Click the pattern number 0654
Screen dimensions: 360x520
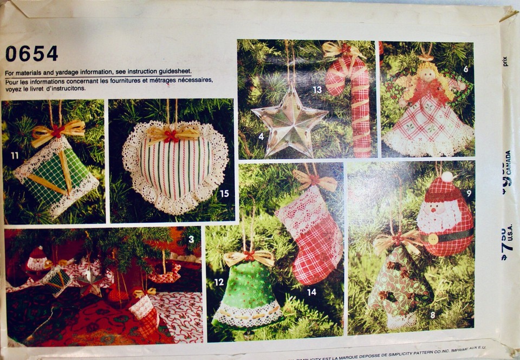point(31,53)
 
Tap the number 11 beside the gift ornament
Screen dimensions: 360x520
point(14,155)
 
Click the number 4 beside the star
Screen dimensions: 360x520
point(261,136)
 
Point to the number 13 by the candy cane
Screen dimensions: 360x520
point(317,89)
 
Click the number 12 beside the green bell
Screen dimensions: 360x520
point(219,282)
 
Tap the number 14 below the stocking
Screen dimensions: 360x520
point(311,292)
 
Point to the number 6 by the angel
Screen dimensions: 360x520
point(466,69)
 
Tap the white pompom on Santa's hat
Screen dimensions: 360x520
point(447,176)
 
